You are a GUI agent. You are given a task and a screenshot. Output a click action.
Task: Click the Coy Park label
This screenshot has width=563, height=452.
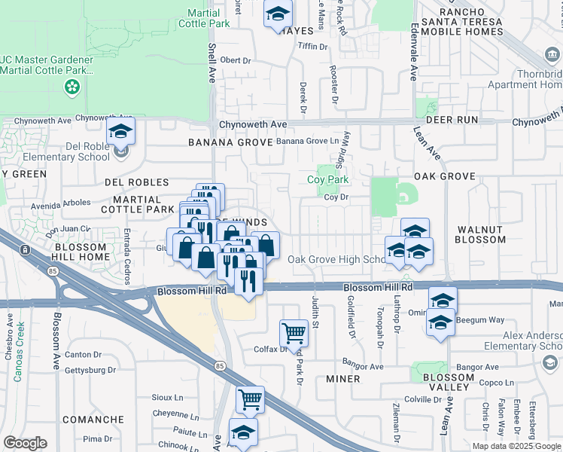(327, 180)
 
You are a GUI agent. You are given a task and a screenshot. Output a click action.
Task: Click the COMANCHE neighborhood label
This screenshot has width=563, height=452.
(93, 420)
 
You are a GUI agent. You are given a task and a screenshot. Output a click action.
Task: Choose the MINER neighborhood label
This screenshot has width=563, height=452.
(343, 379)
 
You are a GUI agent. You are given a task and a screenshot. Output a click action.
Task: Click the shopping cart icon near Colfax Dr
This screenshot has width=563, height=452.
(293, 331)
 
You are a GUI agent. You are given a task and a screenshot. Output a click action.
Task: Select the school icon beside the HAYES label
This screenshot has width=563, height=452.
(278, 13)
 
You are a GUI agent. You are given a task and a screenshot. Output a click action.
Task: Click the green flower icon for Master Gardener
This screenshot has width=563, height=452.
(72, 88)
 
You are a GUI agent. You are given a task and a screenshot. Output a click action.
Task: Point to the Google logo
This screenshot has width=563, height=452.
(25, 443)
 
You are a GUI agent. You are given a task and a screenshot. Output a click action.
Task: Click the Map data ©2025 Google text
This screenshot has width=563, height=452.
(517, 446)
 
